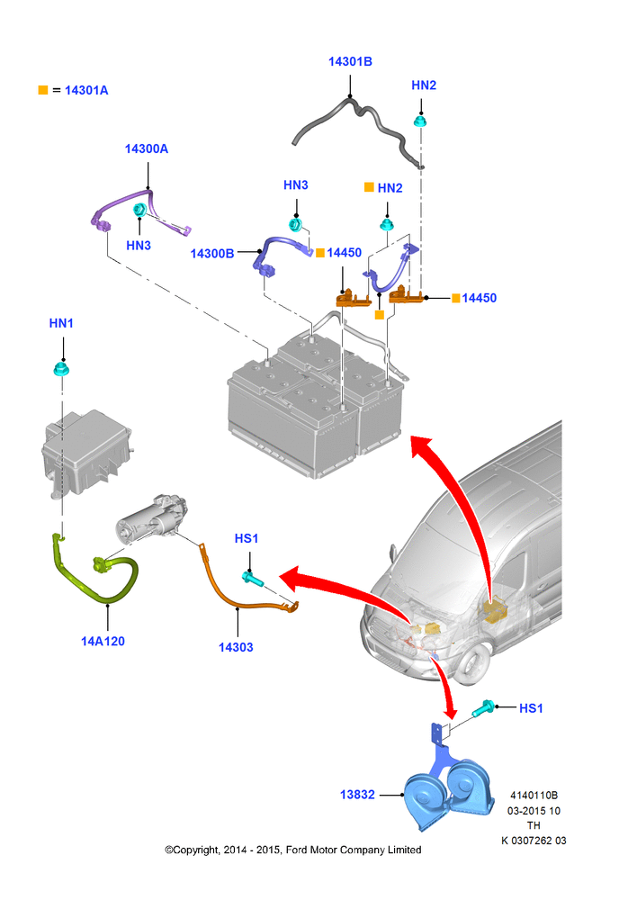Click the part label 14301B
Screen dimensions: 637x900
(350, 61)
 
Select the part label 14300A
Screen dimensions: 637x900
(147, 148)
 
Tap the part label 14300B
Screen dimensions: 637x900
(211, 253)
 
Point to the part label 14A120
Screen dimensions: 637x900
(103, 641)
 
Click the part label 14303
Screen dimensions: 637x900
(236, 647)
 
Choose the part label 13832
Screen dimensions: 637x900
(357, 795)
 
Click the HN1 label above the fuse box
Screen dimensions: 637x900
(61, 323)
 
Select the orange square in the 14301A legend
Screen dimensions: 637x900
(43, 90)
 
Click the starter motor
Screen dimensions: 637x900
(152, 519)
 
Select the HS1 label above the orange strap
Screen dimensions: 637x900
(247, 538)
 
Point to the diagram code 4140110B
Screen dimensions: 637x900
(534, 795)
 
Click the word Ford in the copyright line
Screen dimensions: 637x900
(297, 850)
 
